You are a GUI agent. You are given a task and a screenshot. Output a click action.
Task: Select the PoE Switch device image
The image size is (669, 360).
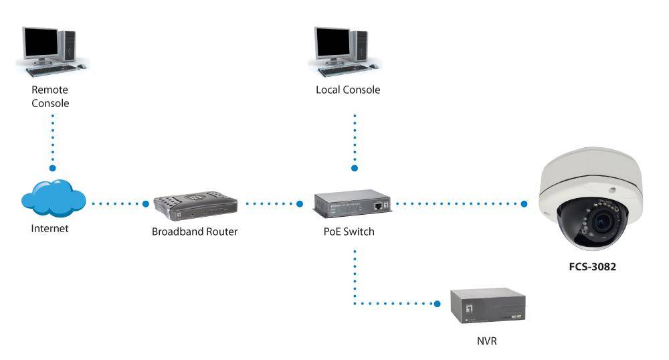353,205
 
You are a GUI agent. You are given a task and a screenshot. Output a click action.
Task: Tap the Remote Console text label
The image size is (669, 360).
50,96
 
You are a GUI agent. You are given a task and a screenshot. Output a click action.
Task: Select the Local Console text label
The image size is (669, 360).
347,90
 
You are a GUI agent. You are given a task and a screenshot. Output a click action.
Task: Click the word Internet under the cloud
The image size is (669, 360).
50,229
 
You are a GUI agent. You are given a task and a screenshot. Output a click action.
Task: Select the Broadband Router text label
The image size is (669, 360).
195,232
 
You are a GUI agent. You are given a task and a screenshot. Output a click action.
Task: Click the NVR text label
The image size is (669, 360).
488,341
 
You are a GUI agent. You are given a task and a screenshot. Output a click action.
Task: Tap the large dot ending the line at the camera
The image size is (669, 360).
524,203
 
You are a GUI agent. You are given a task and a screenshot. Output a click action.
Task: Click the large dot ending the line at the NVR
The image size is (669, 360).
438,304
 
